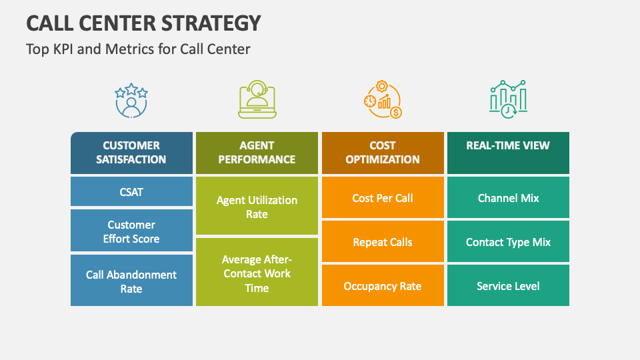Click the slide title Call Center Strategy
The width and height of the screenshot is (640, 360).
(143, 23)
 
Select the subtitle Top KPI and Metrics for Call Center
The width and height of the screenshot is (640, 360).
(138, 49)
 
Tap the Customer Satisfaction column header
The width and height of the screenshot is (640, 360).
(131, 153)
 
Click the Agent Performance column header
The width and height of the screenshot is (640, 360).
(257, 153)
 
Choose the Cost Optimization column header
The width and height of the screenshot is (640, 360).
(383, 153)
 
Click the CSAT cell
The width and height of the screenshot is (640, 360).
(131, 191)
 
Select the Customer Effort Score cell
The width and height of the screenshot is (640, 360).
(131, 231)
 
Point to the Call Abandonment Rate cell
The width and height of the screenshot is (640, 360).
(131, 281)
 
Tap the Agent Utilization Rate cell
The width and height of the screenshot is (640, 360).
(257, 206)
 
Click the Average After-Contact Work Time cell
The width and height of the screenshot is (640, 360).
(257, 273)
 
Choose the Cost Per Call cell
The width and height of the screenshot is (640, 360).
(383, 198)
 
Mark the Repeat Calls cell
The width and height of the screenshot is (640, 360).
(383, 242)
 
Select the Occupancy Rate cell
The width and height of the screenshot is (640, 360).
(383, 286)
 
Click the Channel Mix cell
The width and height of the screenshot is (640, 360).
(508, 198)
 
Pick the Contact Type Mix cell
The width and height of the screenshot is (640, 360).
(508, 242)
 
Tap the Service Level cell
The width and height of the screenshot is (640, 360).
(508, 286)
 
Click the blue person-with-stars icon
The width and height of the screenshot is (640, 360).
(131, 100)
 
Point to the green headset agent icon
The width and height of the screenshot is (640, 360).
(257, 100)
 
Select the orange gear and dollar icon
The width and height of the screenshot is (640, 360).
(383, 100)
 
